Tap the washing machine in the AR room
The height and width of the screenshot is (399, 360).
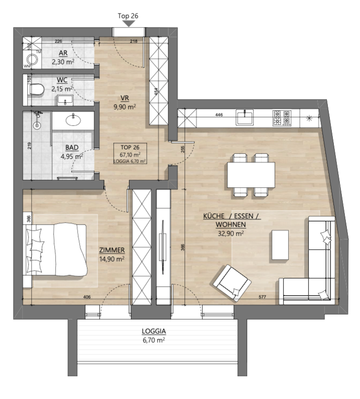pyautogui.click(x=32, y=59)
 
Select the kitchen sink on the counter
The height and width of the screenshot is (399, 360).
pyautogui.click(x=245, y=117)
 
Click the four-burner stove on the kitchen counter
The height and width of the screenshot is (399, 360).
pyautogui.click(x=282, y=118)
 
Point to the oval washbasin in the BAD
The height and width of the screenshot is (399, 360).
pyautogui.click(x=73, y=120)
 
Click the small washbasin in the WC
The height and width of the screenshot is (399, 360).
pyautogui.click(x=65, y=100)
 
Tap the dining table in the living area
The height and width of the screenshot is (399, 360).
pyautogui.click(x=251, y=175)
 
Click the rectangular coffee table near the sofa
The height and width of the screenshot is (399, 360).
pyautogui.click(x=280, y=245)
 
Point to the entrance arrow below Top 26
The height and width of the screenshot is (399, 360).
pyautogui.click(x=129, y=24)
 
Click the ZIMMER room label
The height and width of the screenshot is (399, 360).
pyautogui.click(x=112, y=250)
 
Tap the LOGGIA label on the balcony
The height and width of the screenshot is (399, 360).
pyautogui.click(x=154, y=331)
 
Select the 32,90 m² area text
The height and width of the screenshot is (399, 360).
pyautogui.click(x=231, y=233)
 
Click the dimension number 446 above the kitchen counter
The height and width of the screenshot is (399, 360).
pyautogui.click(x=219, y=115)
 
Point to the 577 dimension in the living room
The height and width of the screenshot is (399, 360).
pyautogui.click(x=262, y=297)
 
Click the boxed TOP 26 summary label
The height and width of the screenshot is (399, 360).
pyautogui.click(x=130, y=154)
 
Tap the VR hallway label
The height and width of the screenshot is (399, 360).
pyautogui.click(x=125, y=98)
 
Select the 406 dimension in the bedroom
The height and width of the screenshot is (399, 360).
pyautogui.click(x=87, y=297)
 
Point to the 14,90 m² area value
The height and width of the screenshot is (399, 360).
pyautogui.click(x=112, y=259)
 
